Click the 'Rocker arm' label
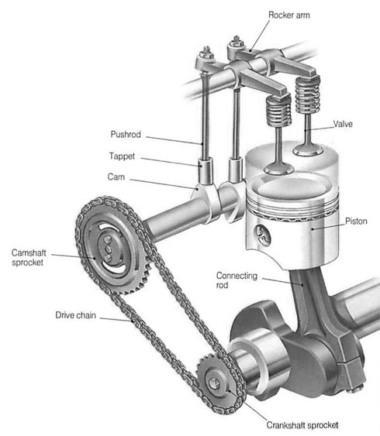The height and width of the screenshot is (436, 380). pyautogui.click(x=289, y=15)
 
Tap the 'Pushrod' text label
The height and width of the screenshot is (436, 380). pyautogui.click(x=126, y=134)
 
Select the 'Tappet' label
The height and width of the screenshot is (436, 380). pyautogui.click(x=122, y=156)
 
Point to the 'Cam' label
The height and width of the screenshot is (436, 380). pyautogui.click(x=116, y=177)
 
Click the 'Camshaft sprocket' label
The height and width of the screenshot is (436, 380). pyautogui.click(x=29, y=257)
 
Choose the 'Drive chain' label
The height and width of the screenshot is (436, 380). pyautogui.click(x=75, y=315)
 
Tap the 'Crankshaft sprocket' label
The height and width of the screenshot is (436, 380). pyautogui.click(x=302, y=425)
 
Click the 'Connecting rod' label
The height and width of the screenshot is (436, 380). pyautogui.click(x=237, y=280)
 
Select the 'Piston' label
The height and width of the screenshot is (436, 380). pyautogui.click(x=356, y=221)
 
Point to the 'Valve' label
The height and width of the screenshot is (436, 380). pyautogui.click(x=343, y=124)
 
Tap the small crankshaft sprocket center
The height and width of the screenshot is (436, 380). pyautogui.click(x=214, y=383)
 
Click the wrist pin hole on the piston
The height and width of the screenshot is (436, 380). pyautogui.click(x=263, y=235)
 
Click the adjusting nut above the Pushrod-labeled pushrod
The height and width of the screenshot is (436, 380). pyautogui.click(x=207, y=52)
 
